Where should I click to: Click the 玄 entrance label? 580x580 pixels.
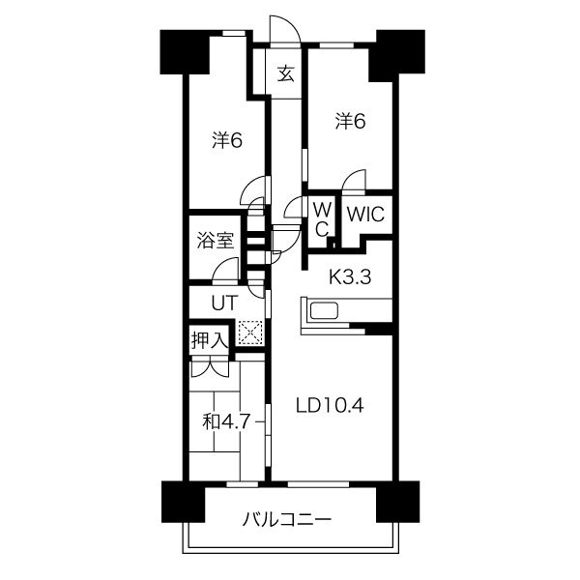[286, 73]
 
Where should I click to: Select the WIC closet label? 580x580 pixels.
[365, 215]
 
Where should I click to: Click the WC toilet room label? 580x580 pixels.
[322, 220]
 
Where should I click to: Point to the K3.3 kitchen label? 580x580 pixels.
[350, 276]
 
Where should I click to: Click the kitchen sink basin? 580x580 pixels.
[325, 310]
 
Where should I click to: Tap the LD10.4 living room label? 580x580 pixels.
[330, 406]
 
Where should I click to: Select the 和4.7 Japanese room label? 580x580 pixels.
[226, 421]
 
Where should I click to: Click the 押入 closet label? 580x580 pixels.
[209, 340]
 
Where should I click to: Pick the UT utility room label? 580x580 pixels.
[224, 304]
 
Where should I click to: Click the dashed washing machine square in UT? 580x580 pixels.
[250, 333]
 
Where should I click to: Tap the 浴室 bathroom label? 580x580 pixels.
[215, 241]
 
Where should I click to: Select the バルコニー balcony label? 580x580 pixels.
[287, 520]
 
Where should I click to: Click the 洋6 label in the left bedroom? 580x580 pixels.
[227, 140]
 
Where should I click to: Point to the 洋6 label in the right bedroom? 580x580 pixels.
[350, 122]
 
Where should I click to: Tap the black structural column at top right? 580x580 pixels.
[400, 55]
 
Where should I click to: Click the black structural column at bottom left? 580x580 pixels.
[183, 502]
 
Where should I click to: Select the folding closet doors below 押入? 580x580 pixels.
[209, 368]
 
